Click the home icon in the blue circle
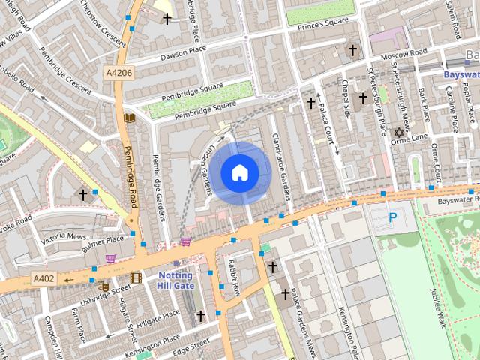(238, 173)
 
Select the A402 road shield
(44, 278)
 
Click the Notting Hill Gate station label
(175, 280)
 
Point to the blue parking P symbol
(393, 218)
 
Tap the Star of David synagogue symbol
(399, 133)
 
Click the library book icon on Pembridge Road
(129, 118)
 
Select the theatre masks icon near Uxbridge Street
(103, 284)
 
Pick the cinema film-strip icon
(136, 277)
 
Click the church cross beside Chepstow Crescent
(167, 19)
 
